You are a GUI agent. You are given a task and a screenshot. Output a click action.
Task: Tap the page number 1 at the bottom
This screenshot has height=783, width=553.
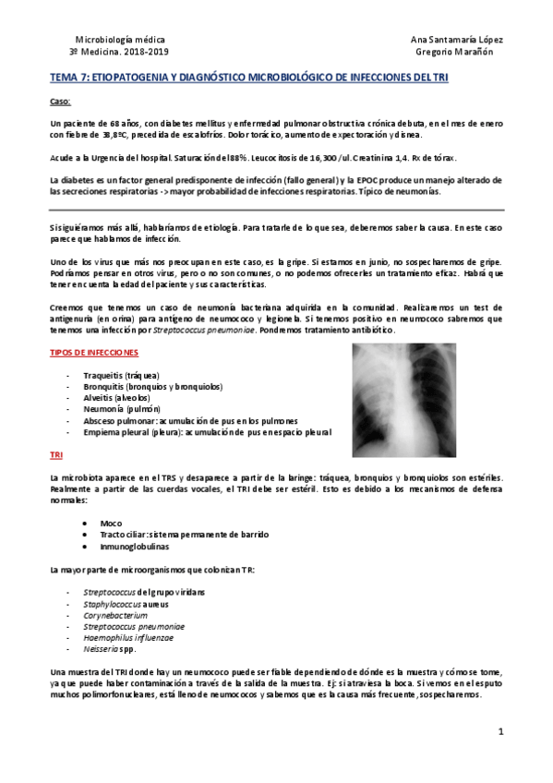click(499, 732)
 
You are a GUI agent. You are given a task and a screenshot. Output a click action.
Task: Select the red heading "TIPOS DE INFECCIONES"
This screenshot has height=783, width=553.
click(94, 352)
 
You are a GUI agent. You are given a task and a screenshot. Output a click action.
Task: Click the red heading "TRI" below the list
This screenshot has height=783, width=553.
click(55, 455)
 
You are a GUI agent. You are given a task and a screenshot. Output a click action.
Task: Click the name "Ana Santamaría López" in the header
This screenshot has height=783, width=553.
click(456, 41)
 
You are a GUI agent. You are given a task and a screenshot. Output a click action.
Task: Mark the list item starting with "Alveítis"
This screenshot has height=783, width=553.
click(102, 398)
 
